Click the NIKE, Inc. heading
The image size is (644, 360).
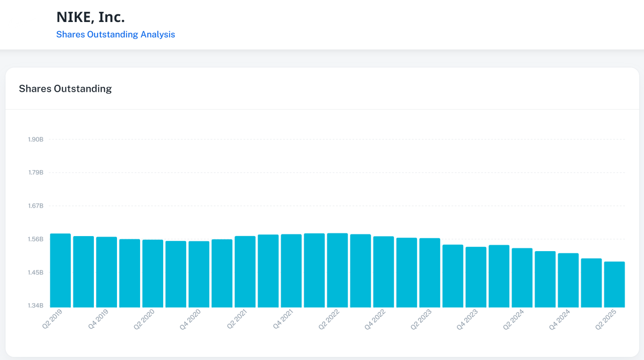coord(90,17)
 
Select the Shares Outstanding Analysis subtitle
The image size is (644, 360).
coord(115,34)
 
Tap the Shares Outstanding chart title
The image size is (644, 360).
coord(65,89)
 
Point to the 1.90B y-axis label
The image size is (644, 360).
coord(35,139)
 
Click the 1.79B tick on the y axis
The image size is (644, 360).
coord(35,173)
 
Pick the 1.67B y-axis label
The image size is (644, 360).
coord(35,206)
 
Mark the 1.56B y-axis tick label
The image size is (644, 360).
coord(35,239)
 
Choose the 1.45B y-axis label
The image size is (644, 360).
coord(35,273)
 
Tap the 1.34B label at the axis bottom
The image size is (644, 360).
coord(35,306)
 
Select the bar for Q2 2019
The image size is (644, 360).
coord(60,270)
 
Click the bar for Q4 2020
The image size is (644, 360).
coord(199,274)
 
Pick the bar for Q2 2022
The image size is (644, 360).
coord(337,270)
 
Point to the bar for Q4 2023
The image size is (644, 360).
coord(475,277)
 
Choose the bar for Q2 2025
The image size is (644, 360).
coord(614,284)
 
